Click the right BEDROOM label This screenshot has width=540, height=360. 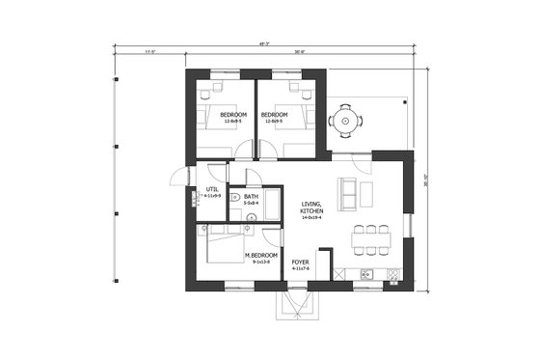pyautogui.click(x=275, y=115)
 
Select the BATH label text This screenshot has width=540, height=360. pyautogui.click(x=251, y=197)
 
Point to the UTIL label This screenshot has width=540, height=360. pyautogui.click(x=212, y=189)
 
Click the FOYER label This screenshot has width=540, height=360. pyautogui.click(x=301, y=262)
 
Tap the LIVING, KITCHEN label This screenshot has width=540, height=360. pyautogui.click(x=311, y=208)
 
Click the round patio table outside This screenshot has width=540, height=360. pyautogui.click(x=344, y=122)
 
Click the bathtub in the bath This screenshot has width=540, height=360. pyautogui.click(x=272, y=203)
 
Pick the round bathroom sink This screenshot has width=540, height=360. pyautogui.click(x=252, y=218)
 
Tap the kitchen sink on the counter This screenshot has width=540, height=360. pyautogui.click(x=367, y=274)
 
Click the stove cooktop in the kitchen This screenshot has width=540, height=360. pyautogui.click(x=392, y=274)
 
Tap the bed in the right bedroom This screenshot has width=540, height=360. pyautogui.click(x=298, y=116)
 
